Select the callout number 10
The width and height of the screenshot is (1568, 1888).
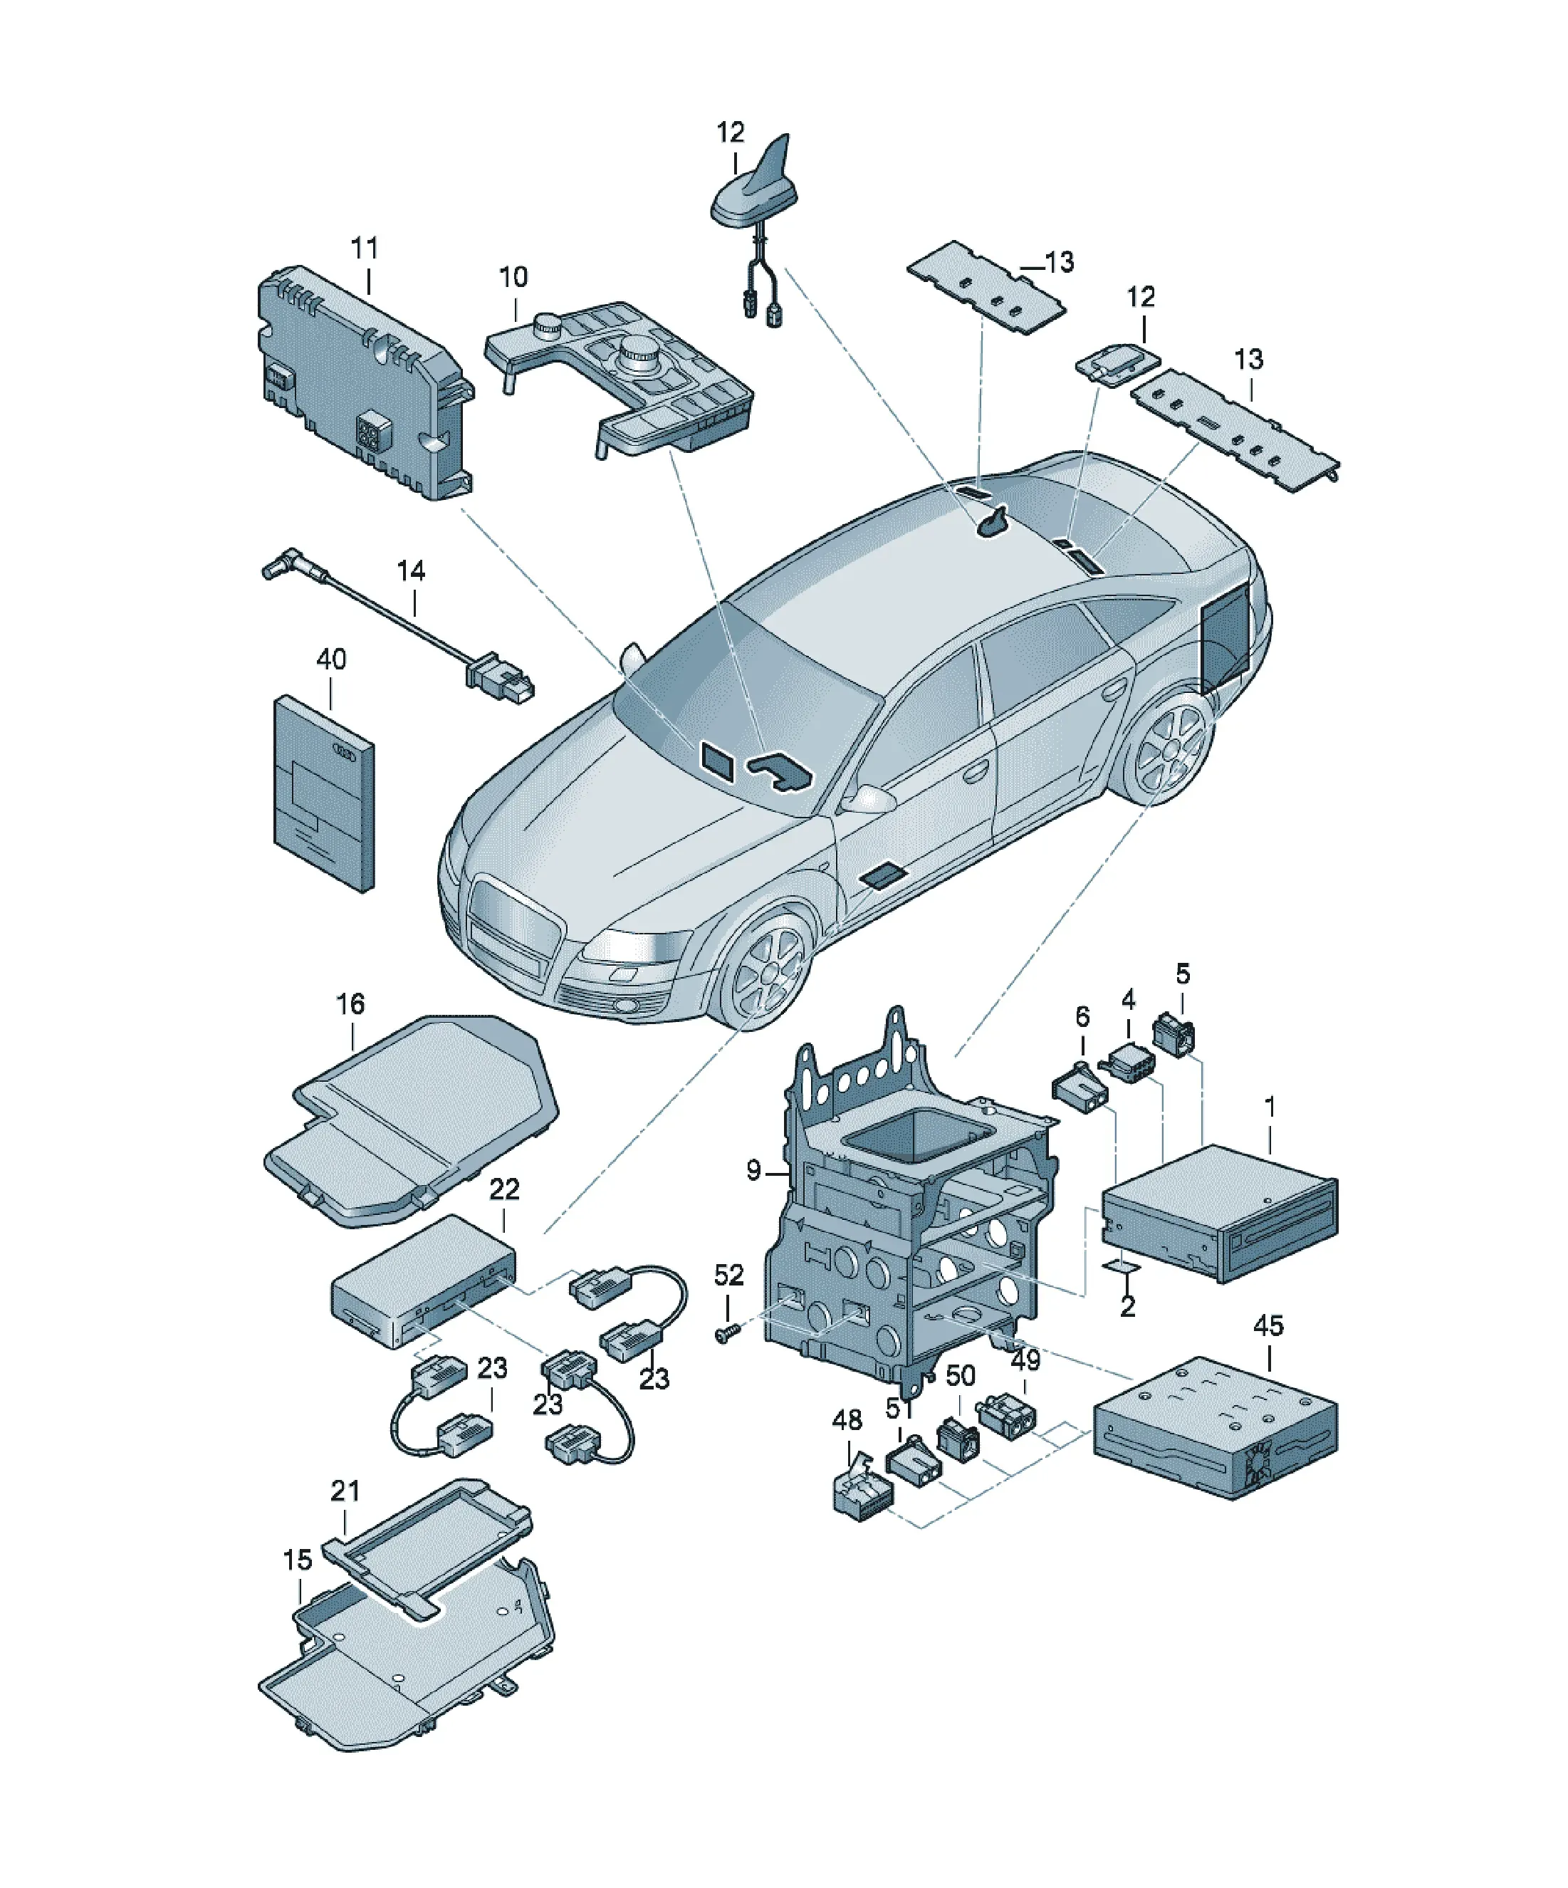tap(513, 277)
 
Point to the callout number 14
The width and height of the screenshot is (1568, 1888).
tap(411, 571)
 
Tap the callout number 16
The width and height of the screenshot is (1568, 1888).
tap(350, 1003)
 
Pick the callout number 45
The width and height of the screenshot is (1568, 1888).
tap(1269, 1326)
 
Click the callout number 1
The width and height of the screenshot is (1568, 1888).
tap(1270, 1107)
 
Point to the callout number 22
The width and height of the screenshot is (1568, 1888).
tap(504, 1189)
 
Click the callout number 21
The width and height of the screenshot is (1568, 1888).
tap(345, 1491)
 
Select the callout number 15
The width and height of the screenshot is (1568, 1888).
tap(298, 1559)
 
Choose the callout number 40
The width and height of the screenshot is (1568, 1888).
tap(331, 659)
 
